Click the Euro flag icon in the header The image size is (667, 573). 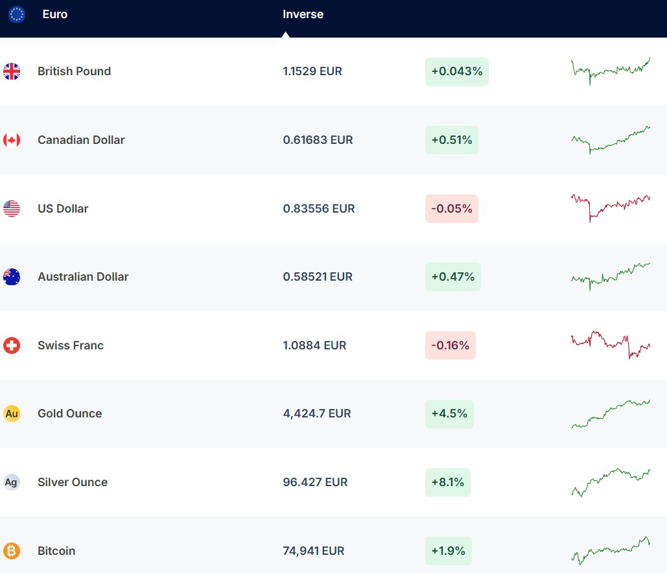pyautogui.click(x=16, y=14)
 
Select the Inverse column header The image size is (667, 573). pyautogui.click(x=303, y=14)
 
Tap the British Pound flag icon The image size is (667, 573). pyautogui.click(x=12, y=71)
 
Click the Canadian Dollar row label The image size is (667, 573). pyautogui.click(x=81, y=140)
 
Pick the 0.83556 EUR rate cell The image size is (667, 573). pyautogui.click(x=319, y=209)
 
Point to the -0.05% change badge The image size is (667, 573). pyautogui.click(x=452, y=209)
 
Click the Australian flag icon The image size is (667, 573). pyautogui.click(x=12, y=277)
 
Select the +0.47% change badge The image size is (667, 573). pyautogui.click(x=453, y=277)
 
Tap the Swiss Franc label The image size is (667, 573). pyautogui.click(x=71, y=345)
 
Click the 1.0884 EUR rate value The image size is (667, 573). pyautogui.click(x=314, y=345)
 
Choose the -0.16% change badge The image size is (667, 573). pyautogui.click(x=451, y=345)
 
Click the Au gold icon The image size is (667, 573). pyautogui.click(x=12, y=414)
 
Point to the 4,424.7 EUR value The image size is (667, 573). pyautogui.click(x=317, y=414)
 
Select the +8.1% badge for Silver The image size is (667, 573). pyautogui.click(x=448, y=482)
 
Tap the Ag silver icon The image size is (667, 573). pyautogui.click(x=12, y=482)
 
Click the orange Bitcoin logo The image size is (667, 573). pyautogui.click(x=12, y=551)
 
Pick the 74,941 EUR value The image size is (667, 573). pyautogui.click(x=314, y=551)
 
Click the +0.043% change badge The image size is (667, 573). pyautogui.click(x=457, y=72)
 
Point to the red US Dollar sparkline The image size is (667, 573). pyautogui.click(x=610, y=207)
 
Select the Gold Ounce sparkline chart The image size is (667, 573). pyautogui.click(x=610, y=414)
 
